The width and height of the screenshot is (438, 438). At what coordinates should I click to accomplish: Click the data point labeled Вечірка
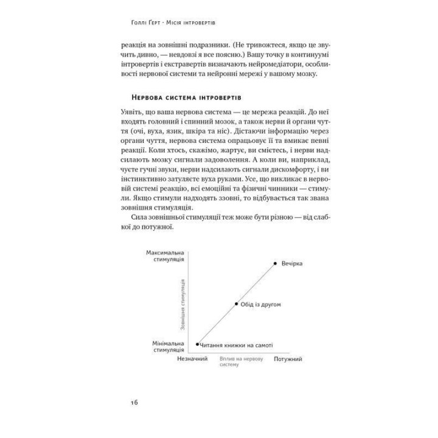(x=276, y=263)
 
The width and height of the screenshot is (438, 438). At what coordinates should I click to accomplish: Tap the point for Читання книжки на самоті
(x=198, y=344)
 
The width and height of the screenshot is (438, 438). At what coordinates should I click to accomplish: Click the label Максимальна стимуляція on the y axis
(x=165, y=255)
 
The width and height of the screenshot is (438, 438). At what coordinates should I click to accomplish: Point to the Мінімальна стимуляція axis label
(x=168, y=347)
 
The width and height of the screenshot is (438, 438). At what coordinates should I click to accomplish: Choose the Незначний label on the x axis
(x=192, y=359)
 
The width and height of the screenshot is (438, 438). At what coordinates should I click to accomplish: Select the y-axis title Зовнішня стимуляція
(x=182, y=298)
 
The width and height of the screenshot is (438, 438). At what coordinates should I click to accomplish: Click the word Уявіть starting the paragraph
(x=134, y=114)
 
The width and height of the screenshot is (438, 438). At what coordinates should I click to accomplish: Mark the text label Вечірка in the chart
(x=292, y=263)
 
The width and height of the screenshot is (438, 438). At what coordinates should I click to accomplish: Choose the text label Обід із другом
(x=260, y=304)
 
